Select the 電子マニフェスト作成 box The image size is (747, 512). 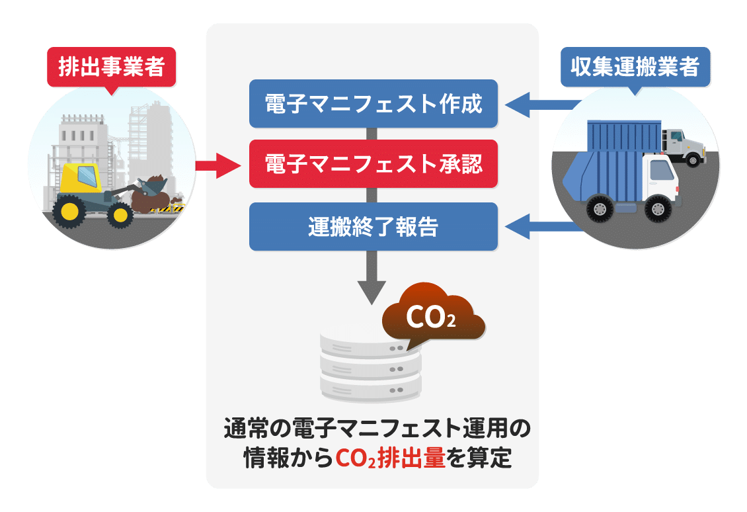(373, 104)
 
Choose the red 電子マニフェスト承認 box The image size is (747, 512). (373, 164)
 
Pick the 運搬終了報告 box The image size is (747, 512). (373, 226)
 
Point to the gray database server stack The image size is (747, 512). (370, 367)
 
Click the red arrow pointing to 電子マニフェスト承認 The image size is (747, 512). (218, 164)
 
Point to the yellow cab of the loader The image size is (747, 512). (83, 177)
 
